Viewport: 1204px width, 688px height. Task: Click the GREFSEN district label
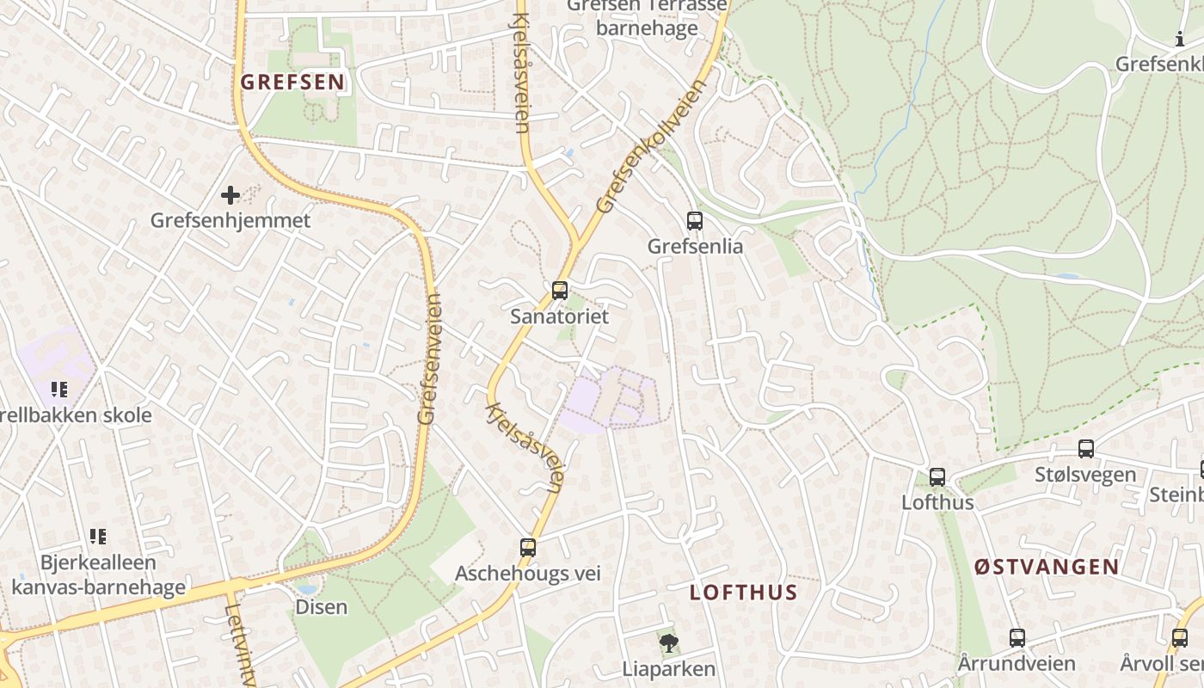(293, 83)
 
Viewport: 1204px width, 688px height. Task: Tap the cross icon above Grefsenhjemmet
(230, 195)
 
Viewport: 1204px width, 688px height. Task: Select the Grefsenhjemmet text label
(230, 220)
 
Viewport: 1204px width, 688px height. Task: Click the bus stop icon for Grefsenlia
(695, 221)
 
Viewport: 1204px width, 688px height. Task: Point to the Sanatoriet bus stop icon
(560, 291)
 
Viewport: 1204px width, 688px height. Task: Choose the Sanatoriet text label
(560, 316)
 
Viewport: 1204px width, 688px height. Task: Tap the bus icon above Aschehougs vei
(528, 547)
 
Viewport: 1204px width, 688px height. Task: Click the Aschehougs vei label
(528, 574)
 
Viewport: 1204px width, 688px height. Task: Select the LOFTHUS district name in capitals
(744, 593)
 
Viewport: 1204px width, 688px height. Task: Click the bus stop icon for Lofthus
(937, 476)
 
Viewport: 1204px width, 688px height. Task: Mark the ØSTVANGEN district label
(1047, 567)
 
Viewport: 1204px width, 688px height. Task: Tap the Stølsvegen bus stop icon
(1086, 448)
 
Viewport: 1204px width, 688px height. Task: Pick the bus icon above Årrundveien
(1017, 637)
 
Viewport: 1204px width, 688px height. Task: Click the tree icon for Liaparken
(668, 642)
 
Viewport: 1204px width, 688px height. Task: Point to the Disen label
(322, 607)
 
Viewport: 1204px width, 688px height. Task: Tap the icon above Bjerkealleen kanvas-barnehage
(98, 537)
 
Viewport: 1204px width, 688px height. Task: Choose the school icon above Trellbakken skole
(58, 390)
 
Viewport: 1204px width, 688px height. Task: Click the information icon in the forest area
(1179, 39)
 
